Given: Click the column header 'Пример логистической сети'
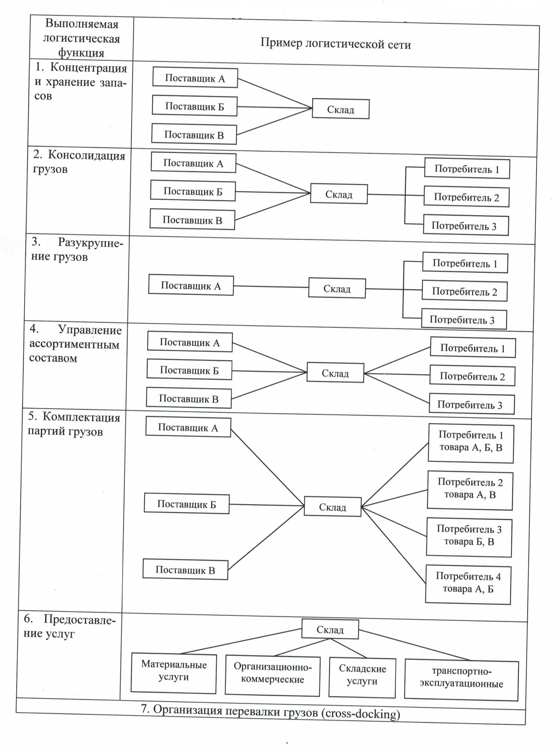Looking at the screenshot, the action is (x=336, y=44).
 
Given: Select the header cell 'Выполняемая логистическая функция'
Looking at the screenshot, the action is (x=81, y=38).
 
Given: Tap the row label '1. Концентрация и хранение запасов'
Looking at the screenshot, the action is (x=81, y=82).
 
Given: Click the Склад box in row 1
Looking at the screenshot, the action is (x=341, y=109).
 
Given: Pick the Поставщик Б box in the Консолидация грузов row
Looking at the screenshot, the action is (x=193, y=191).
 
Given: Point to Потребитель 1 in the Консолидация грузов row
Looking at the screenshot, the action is (x=467, y=168).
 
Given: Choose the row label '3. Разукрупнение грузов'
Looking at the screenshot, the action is (x=77, y=249).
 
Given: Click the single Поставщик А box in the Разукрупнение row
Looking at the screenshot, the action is (x=191, y=285).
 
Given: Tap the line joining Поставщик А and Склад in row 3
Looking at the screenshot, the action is (x=271, y=287).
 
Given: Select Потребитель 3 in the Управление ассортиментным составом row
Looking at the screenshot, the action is (x=472, y=404).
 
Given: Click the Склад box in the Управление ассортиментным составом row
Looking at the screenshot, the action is (x=335, y=373).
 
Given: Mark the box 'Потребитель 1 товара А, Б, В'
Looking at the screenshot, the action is (x=471, y=443).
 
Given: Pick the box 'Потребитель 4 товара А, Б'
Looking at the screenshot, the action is (x=468, y=584).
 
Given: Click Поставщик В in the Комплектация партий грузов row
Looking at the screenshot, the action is (x=185, y=569).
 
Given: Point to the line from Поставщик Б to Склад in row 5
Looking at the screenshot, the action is (x=267, y=505).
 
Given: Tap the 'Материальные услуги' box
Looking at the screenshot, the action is (x=174, y=673).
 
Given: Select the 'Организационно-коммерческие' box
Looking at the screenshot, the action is (x=273, y=675).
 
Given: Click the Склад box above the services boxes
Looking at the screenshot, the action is (x=330, y=629).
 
